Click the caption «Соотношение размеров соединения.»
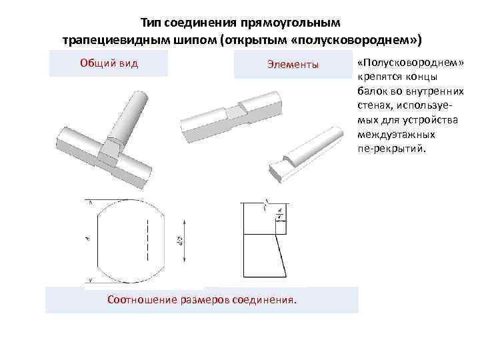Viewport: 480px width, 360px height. (x=201, y=299)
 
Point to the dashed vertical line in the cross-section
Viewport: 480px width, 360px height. (x=146, y=240)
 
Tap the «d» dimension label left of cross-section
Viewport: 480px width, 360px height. (x=87, y=237)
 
